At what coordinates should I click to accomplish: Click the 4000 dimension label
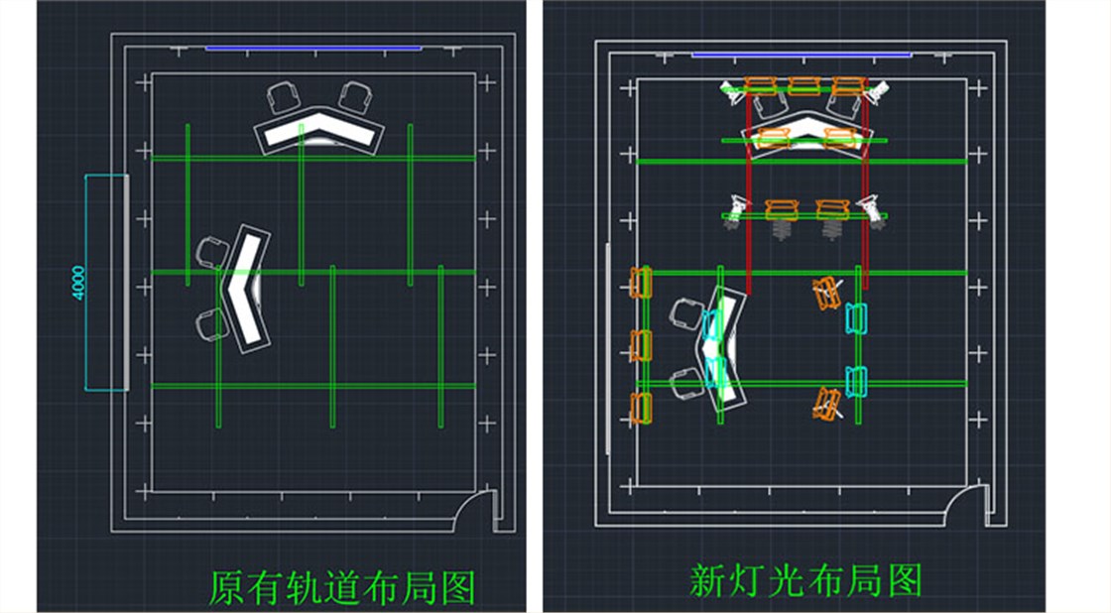pyautogui.click(x=78, y=283)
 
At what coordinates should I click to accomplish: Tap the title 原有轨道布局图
pyautogui.click(x=341, y=586)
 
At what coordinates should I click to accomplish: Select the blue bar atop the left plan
pyautogui.click(x=313, y=49)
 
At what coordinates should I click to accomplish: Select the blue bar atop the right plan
pyautogui.click(x=802, y=55)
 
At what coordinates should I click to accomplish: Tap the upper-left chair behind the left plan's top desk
pyautogui.click(x=283, y=97)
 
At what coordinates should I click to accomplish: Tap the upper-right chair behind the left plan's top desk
pyautogui.click(x=355, y=96)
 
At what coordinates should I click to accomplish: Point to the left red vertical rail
pyautogui.click(x=748, y=191)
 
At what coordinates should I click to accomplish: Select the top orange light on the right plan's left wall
pyautogui.click(x=641, y=283)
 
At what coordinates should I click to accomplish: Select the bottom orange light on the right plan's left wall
pyautogui.click(x=641, y=409)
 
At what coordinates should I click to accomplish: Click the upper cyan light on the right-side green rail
pyautogui.click(x=855, y=318)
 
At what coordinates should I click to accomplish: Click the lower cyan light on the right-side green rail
pyautogui.click(x=855, y=382)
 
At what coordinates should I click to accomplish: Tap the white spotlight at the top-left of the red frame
pyautogui.click(x=732, y=93)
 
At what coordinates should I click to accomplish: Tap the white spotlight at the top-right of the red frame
pyautogui.click(x=878, y=92)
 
